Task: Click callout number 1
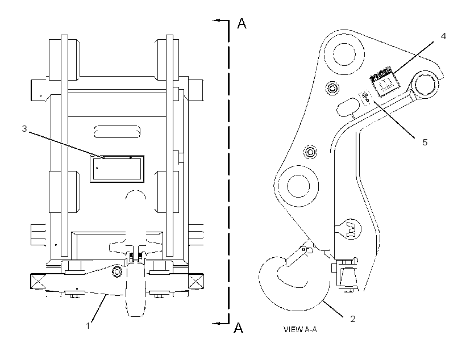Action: (88, 326)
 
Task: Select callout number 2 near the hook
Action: (353, 319)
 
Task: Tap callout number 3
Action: (24, 129)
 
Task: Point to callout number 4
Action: (443, 36)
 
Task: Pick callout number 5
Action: (425, 143)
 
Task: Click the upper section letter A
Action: (242, 23)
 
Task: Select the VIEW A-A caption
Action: (300, 329)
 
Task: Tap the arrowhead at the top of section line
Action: (216, 20)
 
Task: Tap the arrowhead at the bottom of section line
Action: (216, 323)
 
